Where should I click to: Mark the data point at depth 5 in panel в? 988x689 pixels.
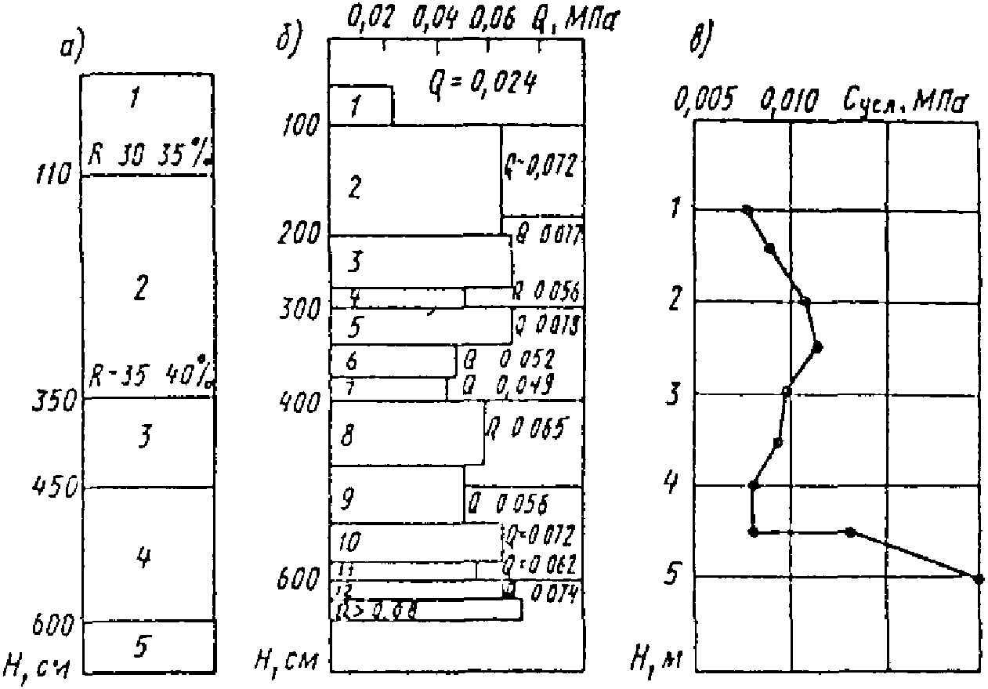click(978, 578)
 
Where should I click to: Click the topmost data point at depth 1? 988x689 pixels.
click(747, 210)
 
